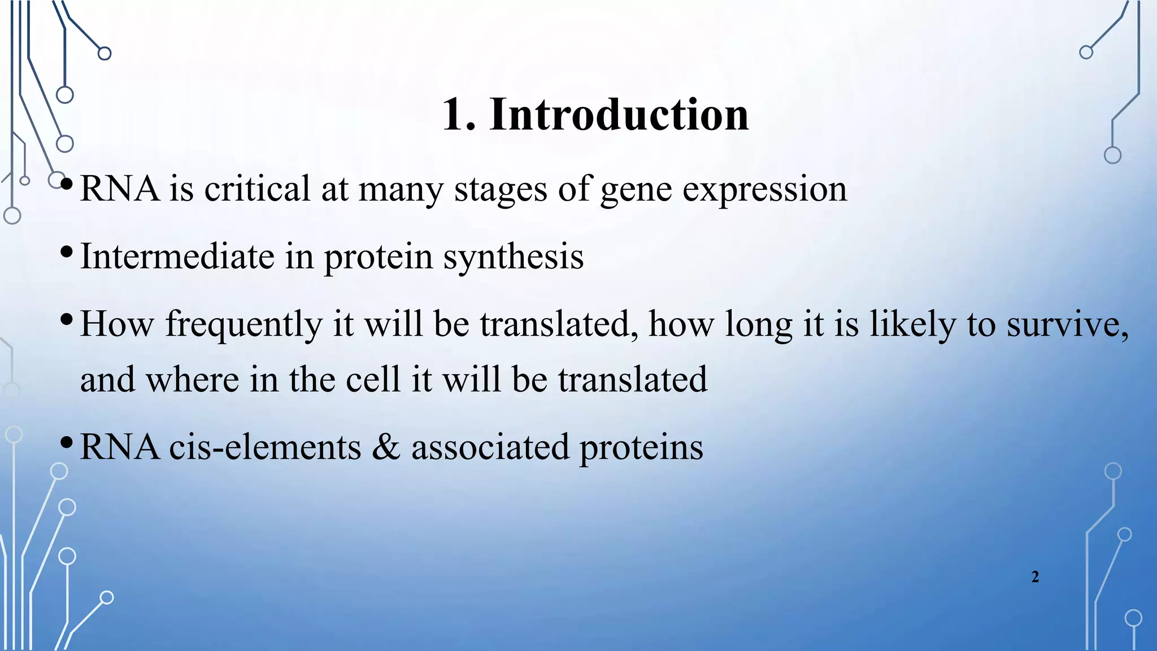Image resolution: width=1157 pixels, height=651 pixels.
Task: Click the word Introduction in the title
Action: pos(619,115)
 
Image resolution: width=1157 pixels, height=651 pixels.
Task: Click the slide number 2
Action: pos(1035,577)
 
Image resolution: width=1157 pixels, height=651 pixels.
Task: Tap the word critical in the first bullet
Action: pos(257,189)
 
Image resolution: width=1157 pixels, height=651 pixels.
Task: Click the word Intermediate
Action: pos(177,257)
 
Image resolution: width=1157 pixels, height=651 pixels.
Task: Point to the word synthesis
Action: pos(513,258)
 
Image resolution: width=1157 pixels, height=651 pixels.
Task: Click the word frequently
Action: pos(243,325)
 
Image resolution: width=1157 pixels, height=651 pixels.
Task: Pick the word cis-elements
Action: pos(265,447)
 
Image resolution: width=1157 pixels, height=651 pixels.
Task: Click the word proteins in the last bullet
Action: pos(641,448)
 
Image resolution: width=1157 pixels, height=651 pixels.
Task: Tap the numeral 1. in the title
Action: pos(458,115)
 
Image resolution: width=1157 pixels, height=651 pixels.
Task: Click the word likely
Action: pos(912,324)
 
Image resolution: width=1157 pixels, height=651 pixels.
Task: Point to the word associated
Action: pos(490,447)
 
